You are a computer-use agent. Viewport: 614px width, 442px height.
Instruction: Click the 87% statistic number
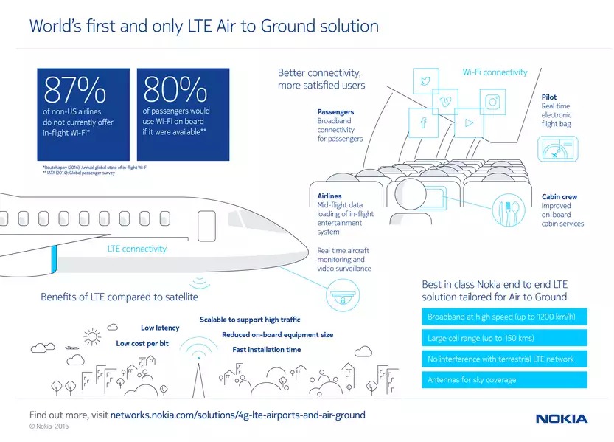tap(75, 91)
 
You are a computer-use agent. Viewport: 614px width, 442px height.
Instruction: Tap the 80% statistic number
tap(175, 91)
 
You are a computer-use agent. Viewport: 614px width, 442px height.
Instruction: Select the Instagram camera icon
tap(492, 103)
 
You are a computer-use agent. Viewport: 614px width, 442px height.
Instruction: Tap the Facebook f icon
tap(424, 122)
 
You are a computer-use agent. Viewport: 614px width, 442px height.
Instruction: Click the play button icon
tap(467, 122)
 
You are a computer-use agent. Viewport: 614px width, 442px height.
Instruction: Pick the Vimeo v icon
tap(446, 101)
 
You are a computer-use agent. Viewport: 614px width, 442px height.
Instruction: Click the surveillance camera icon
tap(338, 297)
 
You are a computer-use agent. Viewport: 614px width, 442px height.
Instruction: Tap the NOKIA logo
tap(562, 419)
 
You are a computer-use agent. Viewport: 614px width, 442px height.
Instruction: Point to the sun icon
tap(91, 337)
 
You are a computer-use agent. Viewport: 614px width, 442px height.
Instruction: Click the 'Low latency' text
tap(160, 328)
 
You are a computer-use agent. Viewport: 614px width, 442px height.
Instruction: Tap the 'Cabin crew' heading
tap(559, 197)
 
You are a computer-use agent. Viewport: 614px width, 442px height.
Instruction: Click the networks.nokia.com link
tap(237, 415)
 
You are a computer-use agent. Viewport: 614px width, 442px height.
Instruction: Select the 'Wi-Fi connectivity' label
tap(495, 72)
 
